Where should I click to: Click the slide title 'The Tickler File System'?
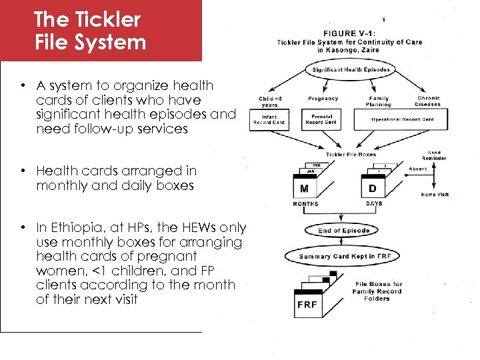pos(90,30)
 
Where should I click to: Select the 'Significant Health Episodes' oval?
pos(351,70)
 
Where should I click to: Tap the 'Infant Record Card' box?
pos(269,120)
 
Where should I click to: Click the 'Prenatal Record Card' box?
pos(323,120)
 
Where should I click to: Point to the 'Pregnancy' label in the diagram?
pos(323,98)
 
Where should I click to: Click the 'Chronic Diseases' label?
pos(428,101)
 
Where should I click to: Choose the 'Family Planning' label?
pos(379,101)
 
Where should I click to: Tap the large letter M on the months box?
pos(304,188)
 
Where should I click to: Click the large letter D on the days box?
pos(371,189)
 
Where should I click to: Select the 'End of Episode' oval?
pos(343,231)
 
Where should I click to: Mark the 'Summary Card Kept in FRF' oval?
pos(344,256)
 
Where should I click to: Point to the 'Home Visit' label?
pos(435,195)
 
